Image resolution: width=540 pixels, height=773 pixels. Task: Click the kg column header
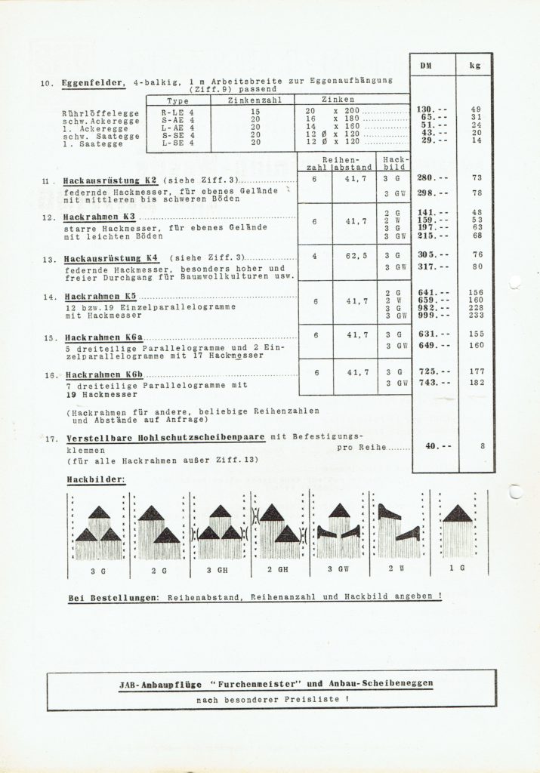point(475,66)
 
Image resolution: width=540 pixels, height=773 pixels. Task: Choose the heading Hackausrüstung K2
point(110,182)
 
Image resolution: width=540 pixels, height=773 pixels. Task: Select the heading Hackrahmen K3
point(100,217)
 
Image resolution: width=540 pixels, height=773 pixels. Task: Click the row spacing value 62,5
point(357,255)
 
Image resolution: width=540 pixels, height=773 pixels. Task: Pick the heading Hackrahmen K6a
point(103,337)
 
